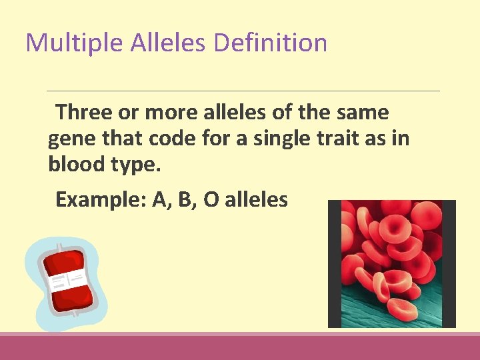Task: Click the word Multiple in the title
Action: coord(73,43)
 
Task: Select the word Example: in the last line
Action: coord(100,199)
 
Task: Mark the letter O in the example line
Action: coord(211,199)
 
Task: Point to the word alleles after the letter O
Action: coord(257,199)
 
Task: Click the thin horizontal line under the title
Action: coord(243,91)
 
